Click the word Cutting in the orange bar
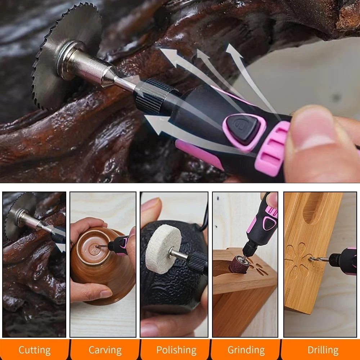point(35,350)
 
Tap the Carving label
point(105,350)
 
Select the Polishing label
point(176,350)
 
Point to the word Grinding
point(246,350)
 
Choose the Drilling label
point(323,350)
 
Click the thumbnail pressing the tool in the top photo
point(312,130)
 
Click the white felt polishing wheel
point(160,249)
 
